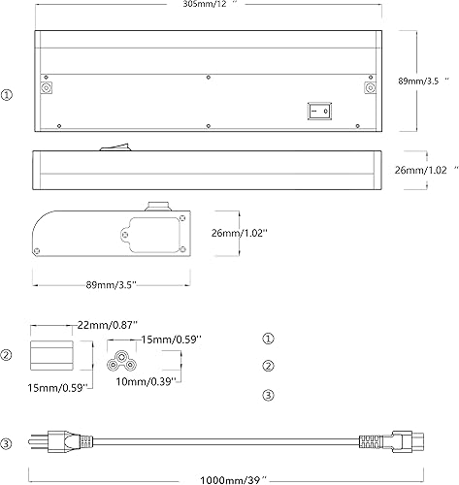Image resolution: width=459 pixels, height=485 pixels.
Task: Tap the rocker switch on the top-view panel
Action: coord(319,111)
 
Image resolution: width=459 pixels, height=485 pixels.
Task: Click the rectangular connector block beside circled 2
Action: coord(50,354)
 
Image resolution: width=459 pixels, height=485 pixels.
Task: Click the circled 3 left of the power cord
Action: coord(7,444)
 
